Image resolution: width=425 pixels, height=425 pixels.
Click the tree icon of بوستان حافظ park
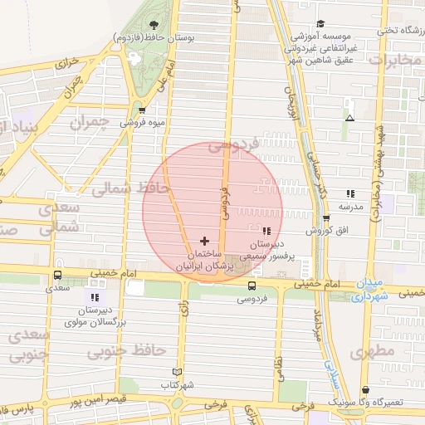153,23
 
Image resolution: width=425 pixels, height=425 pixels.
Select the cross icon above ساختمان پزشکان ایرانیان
205,240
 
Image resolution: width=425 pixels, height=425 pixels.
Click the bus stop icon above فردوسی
252,286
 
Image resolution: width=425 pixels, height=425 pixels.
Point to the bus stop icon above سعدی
57,275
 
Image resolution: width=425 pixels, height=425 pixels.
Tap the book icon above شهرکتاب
176,372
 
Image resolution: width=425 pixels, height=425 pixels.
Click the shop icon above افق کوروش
326,217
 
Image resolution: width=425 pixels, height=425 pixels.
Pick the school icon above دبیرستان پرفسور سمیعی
266,231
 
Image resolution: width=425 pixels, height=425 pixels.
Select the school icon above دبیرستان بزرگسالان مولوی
94,296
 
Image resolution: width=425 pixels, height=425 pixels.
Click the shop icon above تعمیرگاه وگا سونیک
365,389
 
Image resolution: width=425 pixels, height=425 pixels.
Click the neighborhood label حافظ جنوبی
127,351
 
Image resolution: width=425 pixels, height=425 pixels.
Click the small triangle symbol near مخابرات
349,117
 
